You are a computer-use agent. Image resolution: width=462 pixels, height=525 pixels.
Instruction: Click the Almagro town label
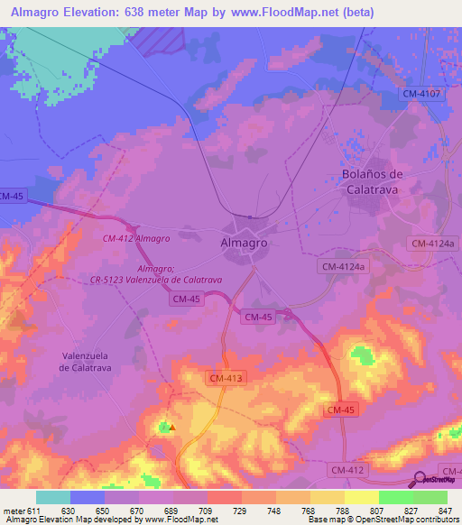coord(244,244)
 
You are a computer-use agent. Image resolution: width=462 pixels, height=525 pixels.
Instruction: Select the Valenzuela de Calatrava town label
coord(85,361)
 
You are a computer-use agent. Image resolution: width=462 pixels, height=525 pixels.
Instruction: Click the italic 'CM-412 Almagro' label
coord(136,238)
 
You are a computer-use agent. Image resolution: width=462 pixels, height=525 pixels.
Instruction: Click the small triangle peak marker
coord(171,427)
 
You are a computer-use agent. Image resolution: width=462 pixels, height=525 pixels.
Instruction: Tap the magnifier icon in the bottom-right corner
coord(420,479)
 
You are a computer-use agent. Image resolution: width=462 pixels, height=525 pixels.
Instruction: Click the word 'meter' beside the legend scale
coord(14,511)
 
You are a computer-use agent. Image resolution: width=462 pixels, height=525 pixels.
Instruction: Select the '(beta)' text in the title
coord(356,13)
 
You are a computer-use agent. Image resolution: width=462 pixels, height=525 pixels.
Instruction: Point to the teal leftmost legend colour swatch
coord(53,497)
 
